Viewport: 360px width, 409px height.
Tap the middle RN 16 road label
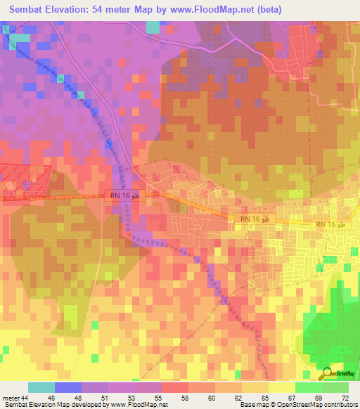click(x=255, y=220)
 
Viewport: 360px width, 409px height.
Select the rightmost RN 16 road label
click(x=330, y=223)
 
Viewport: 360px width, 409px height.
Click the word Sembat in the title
click(x=26, y=9)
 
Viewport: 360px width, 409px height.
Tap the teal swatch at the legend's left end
click(x=41, y=387)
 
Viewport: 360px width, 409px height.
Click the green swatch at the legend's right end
click(x=335, y=387)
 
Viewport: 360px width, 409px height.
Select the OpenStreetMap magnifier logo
click(x=326, y=374)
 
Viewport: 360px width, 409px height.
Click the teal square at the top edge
click(x=153, y=27)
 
